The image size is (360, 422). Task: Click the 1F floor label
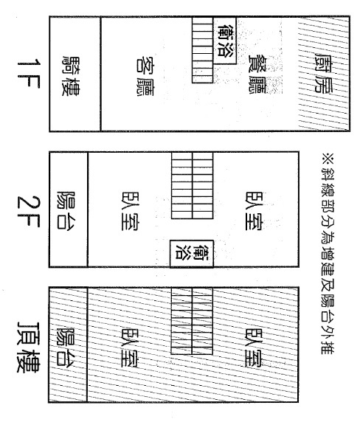point(29,74)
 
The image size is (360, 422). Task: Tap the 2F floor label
point(29,211)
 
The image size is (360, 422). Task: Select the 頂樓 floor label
point(28,347)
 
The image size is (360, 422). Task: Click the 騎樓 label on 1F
point(71,76)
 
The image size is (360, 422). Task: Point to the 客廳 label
point(144,76)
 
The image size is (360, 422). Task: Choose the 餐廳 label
point(257,75)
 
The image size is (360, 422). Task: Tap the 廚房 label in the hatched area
point(324,73)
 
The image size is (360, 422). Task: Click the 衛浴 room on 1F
point(225,41)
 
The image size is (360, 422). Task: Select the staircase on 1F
point(202,50)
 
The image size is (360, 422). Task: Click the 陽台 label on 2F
point(66,210)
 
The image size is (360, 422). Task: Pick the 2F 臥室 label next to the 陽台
point(131,211)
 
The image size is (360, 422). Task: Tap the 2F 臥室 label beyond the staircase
point(255,211)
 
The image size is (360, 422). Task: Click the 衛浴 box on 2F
point(192,254)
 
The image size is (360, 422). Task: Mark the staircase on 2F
point(192,185)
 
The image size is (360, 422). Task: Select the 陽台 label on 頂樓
point(66,346)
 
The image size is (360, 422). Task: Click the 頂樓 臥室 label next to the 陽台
point(131,347)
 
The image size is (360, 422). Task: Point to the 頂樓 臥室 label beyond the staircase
point(255,347)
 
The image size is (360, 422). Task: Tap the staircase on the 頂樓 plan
point(192,321)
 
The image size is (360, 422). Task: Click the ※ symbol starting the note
point(328,158)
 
